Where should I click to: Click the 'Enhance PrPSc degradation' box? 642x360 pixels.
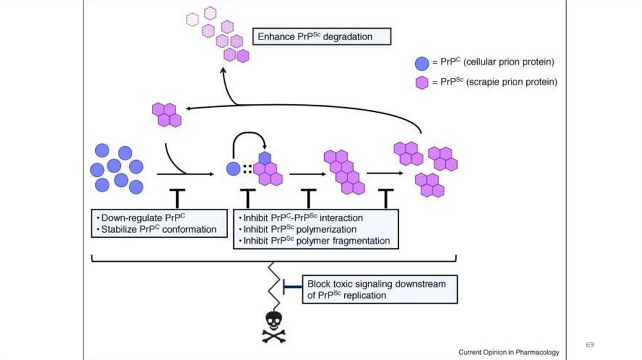tap(322, 36)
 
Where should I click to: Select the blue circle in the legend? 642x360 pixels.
tap(422, 63)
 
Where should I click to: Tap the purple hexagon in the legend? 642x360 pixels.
tap(422, 82)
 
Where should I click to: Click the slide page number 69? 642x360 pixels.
tap(589, 345)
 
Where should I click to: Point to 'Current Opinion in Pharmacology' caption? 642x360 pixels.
tap(508, 352)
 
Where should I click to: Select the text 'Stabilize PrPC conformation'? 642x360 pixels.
tap(157, 230)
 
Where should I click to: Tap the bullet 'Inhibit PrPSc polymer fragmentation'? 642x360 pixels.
tap(316, 241)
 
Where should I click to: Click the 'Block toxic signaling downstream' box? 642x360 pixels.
tap(379, 289)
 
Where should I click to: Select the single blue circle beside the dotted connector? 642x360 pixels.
tap(233, 169)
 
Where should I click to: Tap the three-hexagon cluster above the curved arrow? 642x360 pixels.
tap(167, 115)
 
